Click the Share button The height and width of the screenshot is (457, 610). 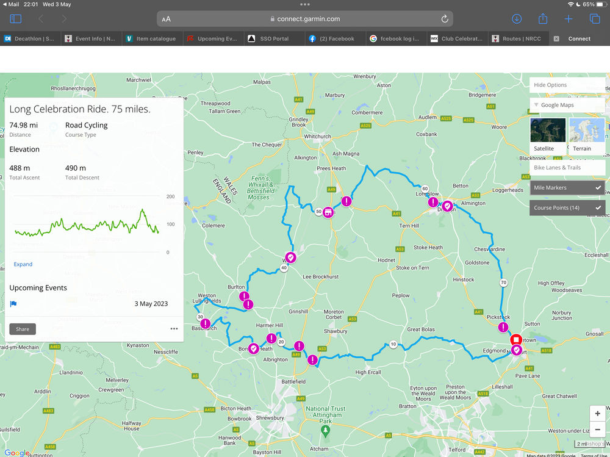[x=23, y=329]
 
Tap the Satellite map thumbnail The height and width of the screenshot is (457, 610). [x=548, y=135]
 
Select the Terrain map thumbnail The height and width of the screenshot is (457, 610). [x=586, y=135]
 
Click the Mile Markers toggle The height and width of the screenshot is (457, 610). [x=567, y=188]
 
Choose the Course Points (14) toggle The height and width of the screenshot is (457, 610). [x=567, y=208]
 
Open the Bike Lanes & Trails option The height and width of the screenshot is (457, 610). [x=567, y=167]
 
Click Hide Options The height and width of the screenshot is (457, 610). [x=567, y=85]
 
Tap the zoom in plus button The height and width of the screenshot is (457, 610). [x=597, y=414]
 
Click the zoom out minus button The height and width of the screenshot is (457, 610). [x=597, y=429]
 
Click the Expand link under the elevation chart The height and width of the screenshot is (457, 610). [x=23, y=264]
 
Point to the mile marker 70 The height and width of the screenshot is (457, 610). [x=503, y=282]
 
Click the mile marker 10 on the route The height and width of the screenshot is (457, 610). [x=393, y=345]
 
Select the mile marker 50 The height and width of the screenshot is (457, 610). [x=318, y=212]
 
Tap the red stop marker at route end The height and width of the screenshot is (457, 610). [x=515, y=339]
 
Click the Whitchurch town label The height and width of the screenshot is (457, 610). [x=317, y=136]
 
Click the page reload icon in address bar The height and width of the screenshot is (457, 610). [x=445, y=19]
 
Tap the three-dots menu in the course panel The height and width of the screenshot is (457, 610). [x=174, y=329]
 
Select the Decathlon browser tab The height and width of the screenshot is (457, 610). [x=29, y=38]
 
